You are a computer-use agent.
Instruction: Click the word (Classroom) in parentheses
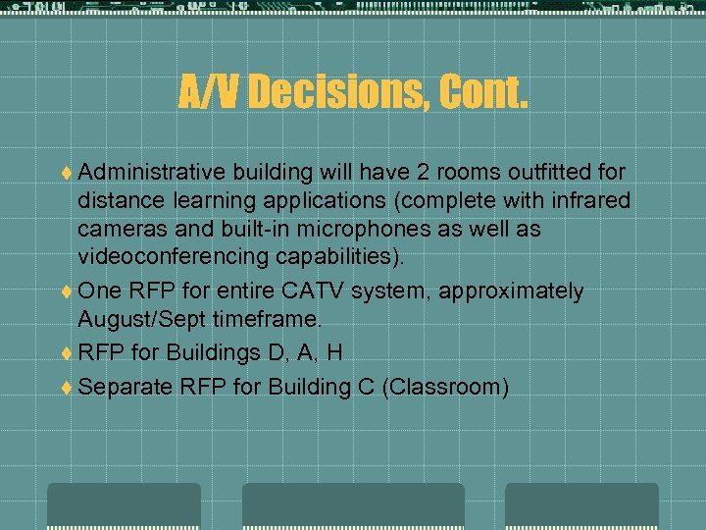446,387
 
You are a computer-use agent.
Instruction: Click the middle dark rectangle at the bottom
353,505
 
